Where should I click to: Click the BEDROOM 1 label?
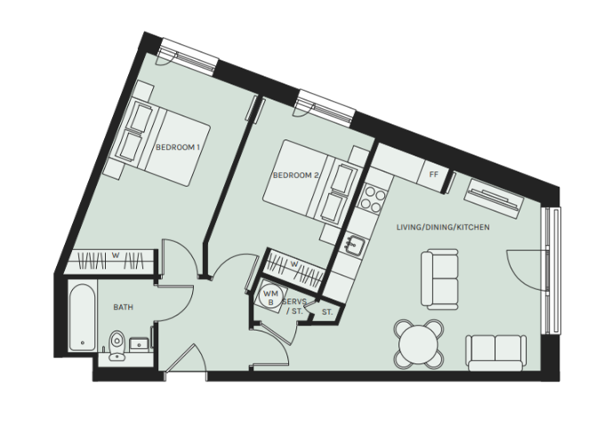click(x=178, y=147)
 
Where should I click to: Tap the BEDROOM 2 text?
click(x=296, y=175)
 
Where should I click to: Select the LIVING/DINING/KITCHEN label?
click(x=443, y=227)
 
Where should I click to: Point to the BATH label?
click(x=124, y=307)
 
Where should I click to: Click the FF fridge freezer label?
click(x=434, y=174)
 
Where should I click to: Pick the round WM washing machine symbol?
click(x=270, y=297)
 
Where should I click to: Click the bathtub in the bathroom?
click(x=82, y=316)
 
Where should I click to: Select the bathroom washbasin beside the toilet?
click(x=139, y=344)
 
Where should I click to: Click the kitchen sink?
click(x=354, y=245)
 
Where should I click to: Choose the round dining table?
click(x=419, y=344)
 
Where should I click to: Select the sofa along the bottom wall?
click(x=495, y=352)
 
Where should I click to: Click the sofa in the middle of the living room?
click(x=439, y=279)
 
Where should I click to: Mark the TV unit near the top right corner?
click(x=494, y=198)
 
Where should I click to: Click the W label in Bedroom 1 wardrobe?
click(x=116, y=255)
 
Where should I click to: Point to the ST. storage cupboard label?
click(x=327, y=312)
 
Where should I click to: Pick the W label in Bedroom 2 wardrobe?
click(x=294, y=265)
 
